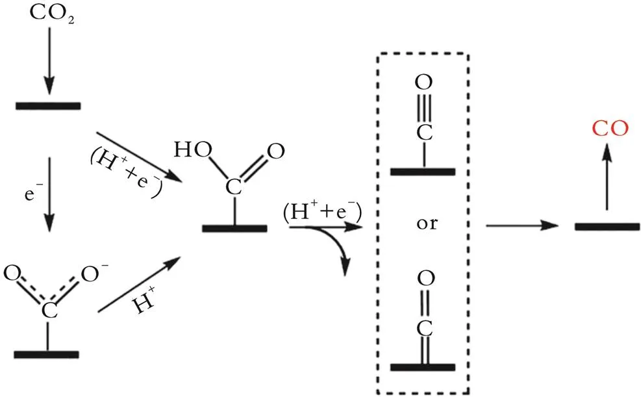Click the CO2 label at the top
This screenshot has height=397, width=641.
pyautogui.click(x=49, y=14)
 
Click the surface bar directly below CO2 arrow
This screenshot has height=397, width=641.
pyautogui.click(x=48, y=105)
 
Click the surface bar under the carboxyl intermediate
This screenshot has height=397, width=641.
pyautogui.click(x=234, y=228)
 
